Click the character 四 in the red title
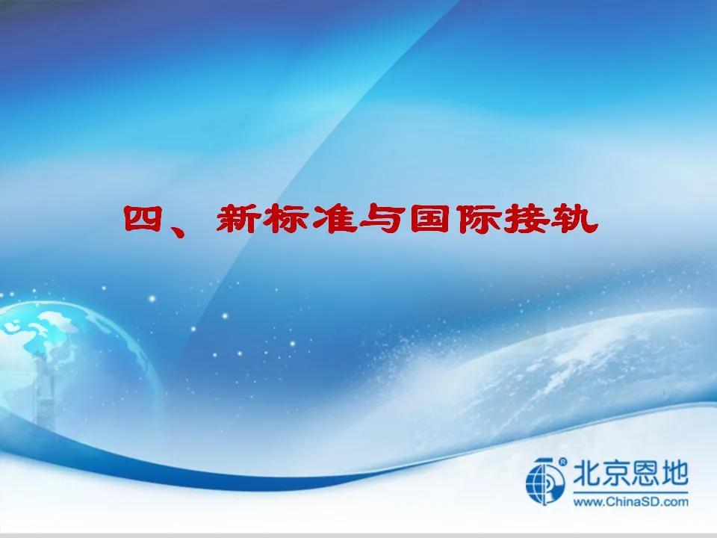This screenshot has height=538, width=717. pyautogui.click(x=143, y=219)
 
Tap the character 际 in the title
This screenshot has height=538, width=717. pyautogui.click(x=478, y=219)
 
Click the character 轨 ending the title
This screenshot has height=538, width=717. pyautogui.click(x=575, y=219)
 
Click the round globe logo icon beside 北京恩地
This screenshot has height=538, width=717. pyautogui.click(x=545, y=480)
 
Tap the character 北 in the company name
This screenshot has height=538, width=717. pyautogui.click(x=587, y=474)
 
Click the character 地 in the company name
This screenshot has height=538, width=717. pyautogui.click(x=674, y=474)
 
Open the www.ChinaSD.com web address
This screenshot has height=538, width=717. pyautogui.click(x=630, y=501)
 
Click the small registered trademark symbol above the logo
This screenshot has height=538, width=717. pyautogui.click(x=562, y=462)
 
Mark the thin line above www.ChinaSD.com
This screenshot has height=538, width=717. pyautogui.click(x=630, y=492)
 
